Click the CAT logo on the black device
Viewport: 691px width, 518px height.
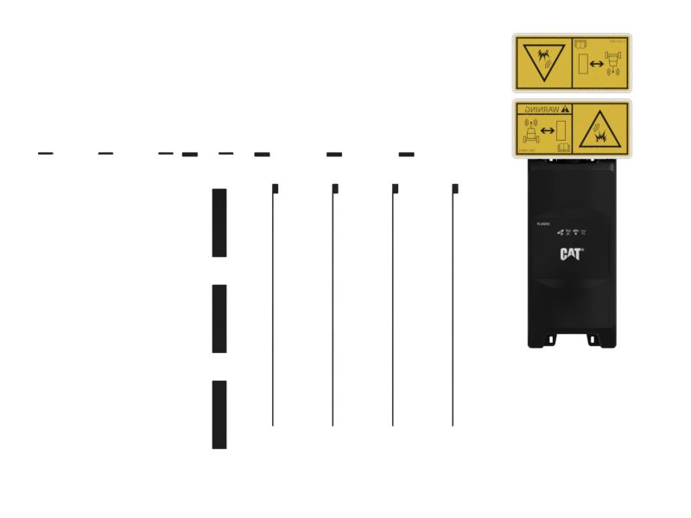[571, 254]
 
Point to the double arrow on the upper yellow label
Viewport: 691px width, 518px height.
[597, 64]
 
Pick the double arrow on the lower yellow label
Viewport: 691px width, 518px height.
[547, 131]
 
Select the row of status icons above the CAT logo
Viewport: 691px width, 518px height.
[571, 233]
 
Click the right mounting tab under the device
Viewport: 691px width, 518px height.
[593, 339]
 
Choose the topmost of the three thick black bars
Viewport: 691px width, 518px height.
[219, 223]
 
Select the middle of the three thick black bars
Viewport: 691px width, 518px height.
[219, 319]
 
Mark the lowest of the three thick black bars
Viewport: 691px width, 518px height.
[219, 414]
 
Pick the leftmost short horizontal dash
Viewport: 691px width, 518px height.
[46, 154]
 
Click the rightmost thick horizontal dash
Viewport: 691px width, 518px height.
[406, 155]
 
